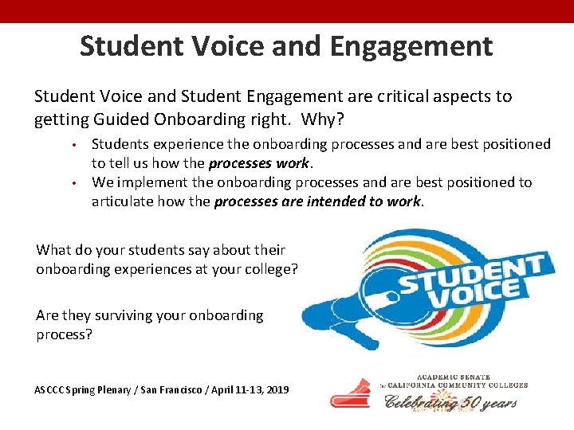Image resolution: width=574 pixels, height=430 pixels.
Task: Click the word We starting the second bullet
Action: click(x=102, y=182)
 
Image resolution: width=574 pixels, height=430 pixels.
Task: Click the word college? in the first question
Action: click(x=269, y=269)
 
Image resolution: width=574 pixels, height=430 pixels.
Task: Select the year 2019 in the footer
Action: click(x=275, y=390)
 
